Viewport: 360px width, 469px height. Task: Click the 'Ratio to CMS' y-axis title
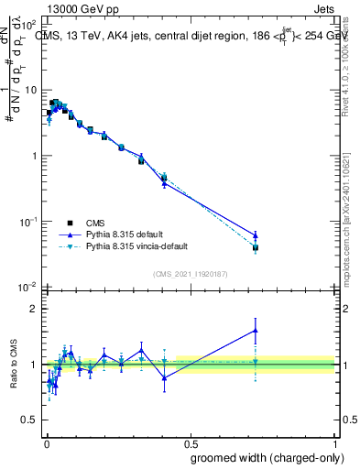(12, 365)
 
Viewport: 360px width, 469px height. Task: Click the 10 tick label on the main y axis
(31, 90)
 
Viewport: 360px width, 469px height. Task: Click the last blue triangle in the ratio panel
(256, 331)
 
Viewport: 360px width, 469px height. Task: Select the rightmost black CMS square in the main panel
(256, 247)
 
